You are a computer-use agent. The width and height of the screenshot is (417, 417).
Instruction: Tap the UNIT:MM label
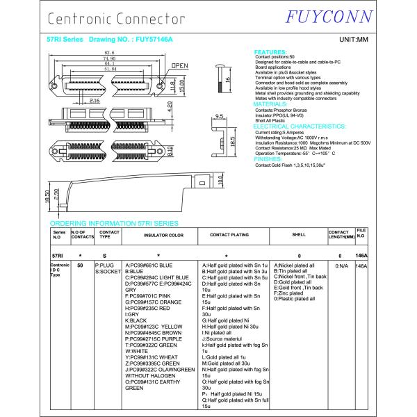(x=353, y=40)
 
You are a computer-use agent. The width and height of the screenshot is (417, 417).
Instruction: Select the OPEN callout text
(x=180, y=66)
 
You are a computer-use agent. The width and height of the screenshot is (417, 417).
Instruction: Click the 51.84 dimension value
(x=111, y=69)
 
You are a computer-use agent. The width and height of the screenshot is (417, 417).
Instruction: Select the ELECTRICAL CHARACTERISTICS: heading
(x=300, y=126)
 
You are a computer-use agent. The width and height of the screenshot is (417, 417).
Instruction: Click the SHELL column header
(x=299, y=235)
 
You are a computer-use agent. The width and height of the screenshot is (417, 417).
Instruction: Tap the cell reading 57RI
(x=57, y=256)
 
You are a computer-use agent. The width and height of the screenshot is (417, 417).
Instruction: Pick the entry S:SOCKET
(x=108, y=272)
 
